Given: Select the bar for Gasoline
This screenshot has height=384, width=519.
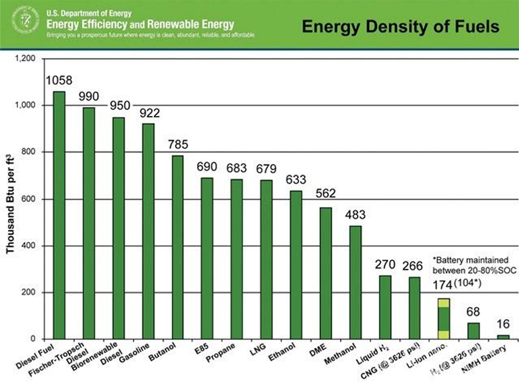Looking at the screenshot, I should pyautogui.click(x=148, y=231).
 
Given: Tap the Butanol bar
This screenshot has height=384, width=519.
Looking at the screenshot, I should pyautogui.click(x=178, y=247).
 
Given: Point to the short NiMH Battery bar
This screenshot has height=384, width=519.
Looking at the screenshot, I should pyautogui.click(x=503, y=337).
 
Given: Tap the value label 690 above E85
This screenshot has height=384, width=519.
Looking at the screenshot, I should pyautogui.click(x=207, y=166).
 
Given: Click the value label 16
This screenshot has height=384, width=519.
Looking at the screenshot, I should pyautogui.click(x=503, y=324).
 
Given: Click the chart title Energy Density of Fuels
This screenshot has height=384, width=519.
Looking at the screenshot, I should pyautogui.click(x=400, y=27).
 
